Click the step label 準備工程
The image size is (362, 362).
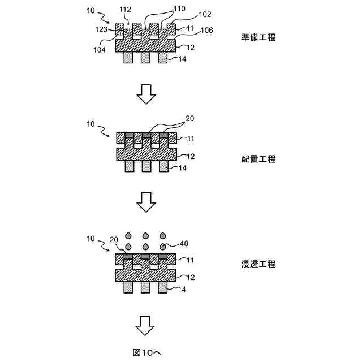click(x=258, y=38)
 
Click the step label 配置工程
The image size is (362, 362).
click(x=258, y=159)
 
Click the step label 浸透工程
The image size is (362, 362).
click(x=258, y=264)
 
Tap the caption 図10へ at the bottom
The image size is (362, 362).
click(x=146, y=352)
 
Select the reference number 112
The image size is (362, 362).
click(x=125, y=10)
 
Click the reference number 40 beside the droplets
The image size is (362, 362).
click(x=184, y=244)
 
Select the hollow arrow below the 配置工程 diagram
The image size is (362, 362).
click(x=146, y=201)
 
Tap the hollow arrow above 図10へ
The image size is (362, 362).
click(x=146, y=325)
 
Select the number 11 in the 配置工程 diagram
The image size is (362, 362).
click(x=191, y=138)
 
